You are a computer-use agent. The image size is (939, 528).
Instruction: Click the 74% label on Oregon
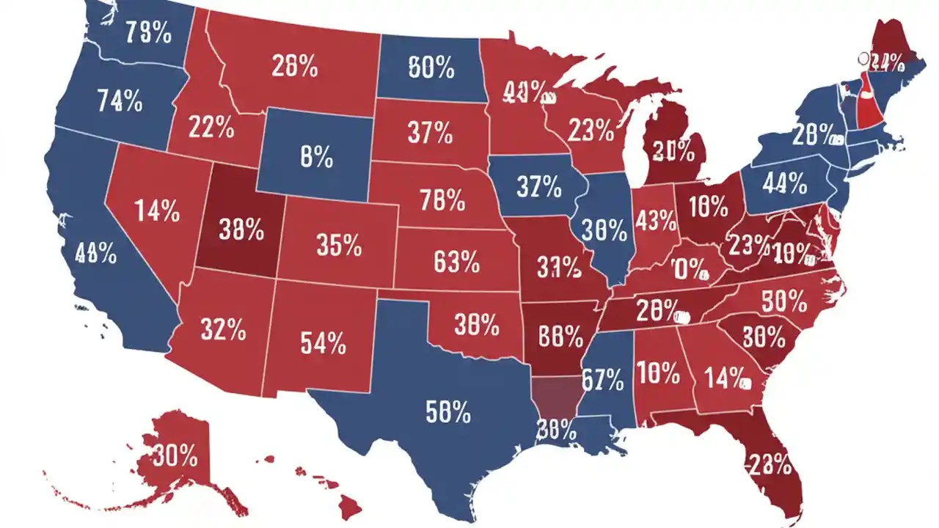(x=120, y=100)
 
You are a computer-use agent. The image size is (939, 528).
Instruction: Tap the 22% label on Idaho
(x=211, y=129)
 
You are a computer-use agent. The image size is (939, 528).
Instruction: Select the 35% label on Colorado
(x=339, y=245)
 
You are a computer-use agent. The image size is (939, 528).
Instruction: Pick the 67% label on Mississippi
(x=602, y=380)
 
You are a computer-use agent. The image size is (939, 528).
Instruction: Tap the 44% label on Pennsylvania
(x=784, y=184)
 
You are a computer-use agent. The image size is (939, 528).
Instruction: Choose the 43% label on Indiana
(x=656, y=219)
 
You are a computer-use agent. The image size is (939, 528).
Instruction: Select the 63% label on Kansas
(x=456, y=261)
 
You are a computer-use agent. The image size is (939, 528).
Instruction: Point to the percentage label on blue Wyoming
(x=317, y=156)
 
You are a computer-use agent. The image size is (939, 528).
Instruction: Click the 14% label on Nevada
(x=157, y=212)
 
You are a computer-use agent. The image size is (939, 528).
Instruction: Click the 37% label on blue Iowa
(x=538, y=187)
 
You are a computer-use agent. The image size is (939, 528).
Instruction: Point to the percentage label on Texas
(x=447, y=412)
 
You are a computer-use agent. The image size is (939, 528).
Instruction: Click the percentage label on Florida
(x=770, y=463)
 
